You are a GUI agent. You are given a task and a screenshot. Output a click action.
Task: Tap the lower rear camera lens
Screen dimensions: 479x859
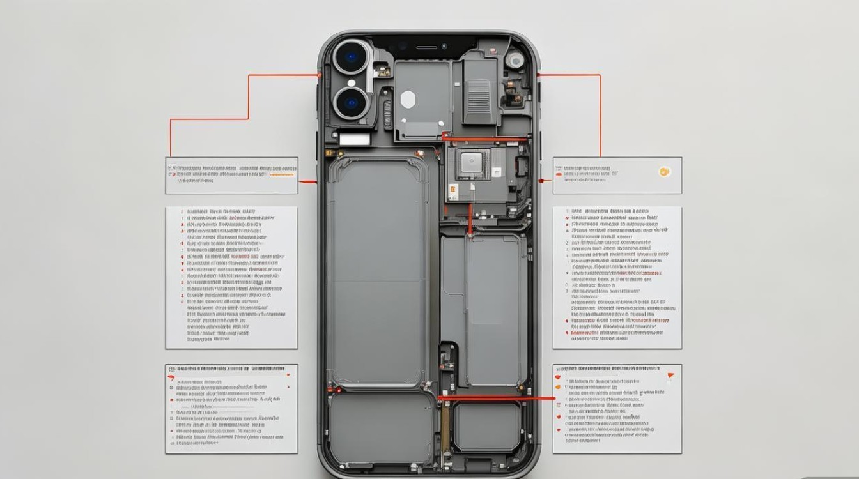point(350,103)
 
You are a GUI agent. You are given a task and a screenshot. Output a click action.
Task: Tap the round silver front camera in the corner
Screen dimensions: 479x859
point(515,60)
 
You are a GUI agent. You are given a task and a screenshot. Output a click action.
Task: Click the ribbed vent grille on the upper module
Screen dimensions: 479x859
point(478,96)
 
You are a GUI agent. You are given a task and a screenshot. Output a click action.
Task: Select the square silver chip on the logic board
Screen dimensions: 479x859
point(472,162)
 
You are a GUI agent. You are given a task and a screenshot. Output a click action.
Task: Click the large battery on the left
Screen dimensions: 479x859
point(377,271)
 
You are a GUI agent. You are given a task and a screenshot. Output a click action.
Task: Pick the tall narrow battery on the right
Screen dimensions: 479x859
point(495,310)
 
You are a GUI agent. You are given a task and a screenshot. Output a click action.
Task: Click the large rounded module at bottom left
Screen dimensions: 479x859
point(381,427)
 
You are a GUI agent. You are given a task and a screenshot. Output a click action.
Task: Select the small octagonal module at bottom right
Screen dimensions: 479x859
point(486,426)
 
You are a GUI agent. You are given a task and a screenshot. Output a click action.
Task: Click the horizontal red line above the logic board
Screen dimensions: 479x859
point(484,137)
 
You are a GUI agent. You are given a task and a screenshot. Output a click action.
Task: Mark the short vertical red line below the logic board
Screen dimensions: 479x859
point(471,218)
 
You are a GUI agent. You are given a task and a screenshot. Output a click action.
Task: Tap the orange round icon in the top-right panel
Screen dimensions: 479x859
point(664,171)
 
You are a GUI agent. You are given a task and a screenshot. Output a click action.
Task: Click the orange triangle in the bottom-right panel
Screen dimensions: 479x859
point(670,376)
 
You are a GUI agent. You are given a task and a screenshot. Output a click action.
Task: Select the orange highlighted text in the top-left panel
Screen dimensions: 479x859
point(282,174)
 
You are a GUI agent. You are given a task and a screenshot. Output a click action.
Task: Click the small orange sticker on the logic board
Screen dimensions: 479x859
point(453,189)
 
